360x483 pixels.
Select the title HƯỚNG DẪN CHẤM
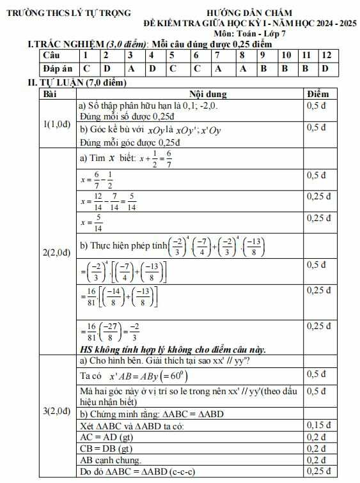(250, 12)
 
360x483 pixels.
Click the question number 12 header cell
(326, 56)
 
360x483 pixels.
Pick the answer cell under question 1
(87, 68)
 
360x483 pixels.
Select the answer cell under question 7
(218, 68)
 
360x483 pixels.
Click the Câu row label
(51, 56)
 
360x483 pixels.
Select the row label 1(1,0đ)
(56, 124)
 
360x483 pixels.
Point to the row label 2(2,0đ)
(56, 253)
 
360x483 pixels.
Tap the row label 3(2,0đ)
(56, 411)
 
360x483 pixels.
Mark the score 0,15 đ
(320, 425)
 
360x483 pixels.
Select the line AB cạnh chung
(111, 460)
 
